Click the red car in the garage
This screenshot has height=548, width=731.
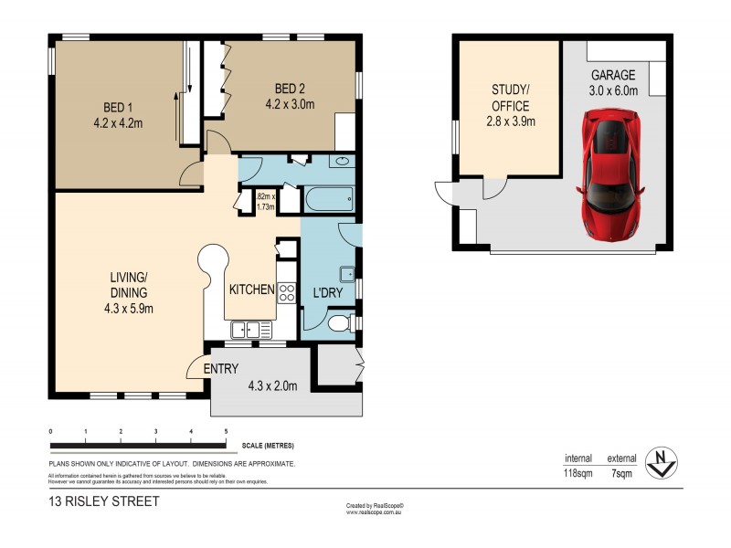[610, 173]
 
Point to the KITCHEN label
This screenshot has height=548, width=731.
[252, 290]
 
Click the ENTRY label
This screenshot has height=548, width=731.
[220, 369]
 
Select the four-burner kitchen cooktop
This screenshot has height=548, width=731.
[286, 293]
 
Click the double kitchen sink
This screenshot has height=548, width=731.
[247, 330]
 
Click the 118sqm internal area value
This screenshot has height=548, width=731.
[578, 473]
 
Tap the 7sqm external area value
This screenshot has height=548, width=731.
[623, 473]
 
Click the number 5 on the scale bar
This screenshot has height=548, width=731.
[226, 431]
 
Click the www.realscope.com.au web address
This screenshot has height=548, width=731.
[375, 512]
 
